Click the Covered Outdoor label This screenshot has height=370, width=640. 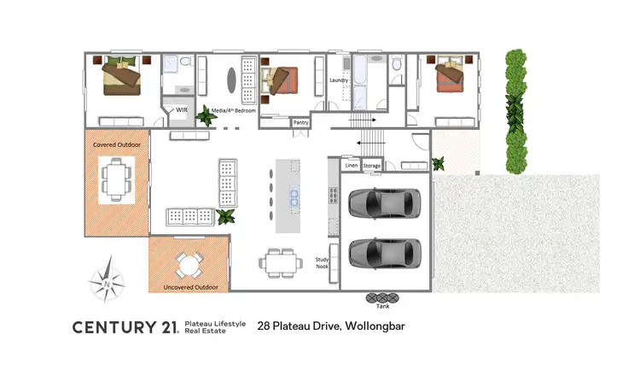(116, 144)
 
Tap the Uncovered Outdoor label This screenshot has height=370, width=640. (190, 287)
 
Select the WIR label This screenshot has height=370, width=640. (182, 110)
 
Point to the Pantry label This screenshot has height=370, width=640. (300, 122)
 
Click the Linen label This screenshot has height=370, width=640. (350, 166)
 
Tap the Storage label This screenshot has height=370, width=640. (371, 166)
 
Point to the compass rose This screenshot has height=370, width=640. (106, 281)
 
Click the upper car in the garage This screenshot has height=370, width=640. (384, 203)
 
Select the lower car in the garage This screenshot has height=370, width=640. (384, 253)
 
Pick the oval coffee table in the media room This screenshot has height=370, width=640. (231, 78)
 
